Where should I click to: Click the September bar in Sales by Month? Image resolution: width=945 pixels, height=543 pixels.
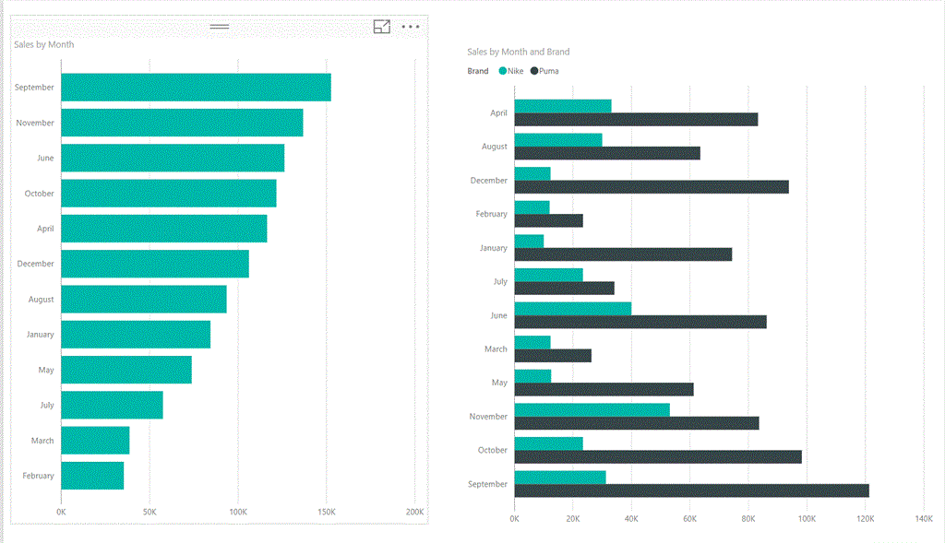(196, 88)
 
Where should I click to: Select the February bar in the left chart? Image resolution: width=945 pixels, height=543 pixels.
(92, 476)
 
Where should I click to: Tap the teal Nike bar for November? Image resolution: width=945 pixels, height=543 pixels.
(592, 409)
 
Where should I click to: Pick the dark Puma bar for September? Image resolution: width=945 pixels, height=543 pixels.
(691, 490)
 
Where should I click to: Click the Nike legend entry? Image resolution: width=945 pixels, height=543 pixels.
(511, 71)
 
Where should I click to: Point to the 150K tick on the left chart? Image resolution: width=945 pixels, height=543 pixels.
(326, 512)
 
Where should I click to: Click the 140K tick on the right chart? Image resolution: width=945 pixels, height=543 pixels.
(923, 518)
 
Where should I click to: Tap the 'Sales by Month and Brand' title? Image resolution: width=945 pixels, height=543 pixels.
(518, 53)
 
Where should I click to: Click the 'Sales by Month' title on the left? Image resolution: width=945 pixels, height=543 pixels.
(44, 44)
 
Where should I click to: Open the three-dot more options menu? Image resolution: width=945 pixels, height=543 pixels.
(412, 27)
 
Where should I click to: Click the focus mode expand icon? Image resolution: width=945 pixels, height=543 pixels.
(382, 27)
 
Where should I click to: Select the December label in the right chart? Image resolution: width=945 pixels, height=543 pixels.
(489, 181)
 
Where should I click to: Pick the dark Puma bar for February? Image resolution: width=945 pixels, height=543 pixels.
(548, 220)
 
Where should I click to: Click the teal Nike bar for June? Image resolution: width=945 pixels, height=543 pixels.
(572, 308)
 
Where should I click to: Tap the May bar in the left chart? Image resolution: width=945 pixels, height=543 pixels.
(126, 370)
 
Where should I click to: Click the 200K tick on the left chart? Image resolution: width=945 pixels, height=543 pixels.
(414, 512)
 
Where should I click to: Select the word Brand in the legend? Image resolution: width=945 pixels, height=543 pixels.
(478, 71)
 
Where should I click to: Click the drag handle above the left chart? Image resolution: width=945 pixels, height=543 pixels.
(220, 26)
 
